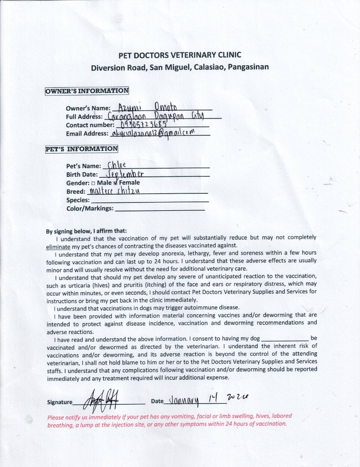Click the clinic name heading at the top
coord(180,55)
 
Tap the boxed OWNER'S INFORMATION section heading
coord(87,91)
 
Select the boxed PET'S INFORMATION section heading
coord(81,149)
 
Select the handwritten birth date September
coord(121,174)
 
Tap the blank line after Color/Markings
coord(160,209)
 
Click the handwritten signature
coord(100,399)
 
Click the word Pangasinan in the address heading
coord(248,67)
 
